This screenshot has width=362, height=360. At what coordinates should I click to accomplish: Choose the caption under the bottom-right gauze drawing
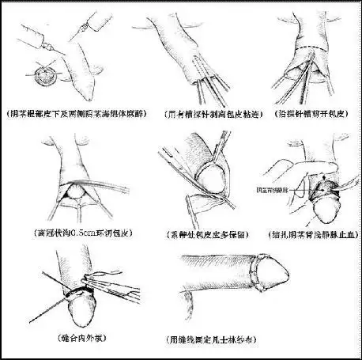231,339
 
